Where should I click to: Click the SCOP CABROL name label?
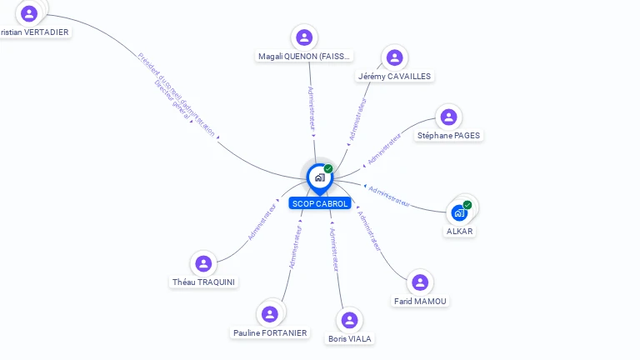pyautogui.click(x=320, y=203)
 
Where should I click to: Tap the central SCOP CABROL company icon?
pyautogui.click(x=319, y=177)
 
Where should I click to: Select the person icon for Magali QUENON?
pyautogui.click(x=304, y=37)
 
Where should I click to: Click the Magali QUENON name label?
pyautogui.click(x=304, y=57)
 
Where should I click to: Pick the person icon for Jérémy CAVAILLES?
pyautogui.click(x=394, y=57)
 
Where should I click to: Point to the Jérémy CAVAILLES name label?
pyautogui.click(x=394, y=77)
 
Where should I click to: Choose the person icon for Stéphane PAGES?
pyautogui.click(x=448, y=117)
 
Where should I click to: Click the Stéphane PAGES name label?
pyautogui.click(x=448, y=136)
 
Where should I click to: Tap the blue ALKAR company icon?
pyautogui.click(x=459, y=212)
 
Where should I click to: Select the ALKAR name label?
pyautogui.click(x=459, y=232)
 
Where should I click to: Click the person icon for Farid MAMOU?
pyautogui.click(x=420, y=282)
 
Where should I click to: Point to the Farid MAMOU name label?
pyautogui.click(x=420, y=302)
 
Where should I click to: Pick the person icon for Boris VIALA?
pyautogui.click(x=350, y=320)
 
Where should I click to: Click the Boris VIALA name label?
pyautogui.click(x=350, y=339)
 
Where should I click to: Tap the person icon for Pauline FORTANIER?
pyautogui.click(x=269, y=314)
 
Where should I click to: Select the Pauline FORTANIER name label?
pyautogui.click(x=269, y=333)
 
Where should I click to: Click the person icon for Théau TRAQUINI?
pyautogui.click(x=203, y=263)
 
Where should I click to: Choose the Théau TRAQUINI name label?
pyautogui.click(x=203, y=282)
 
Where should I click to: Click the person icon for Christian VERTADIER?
pyautogui.click(x=30, y=13)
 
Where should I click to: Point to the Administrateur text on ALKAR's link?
pyautogui.click(x=389, y=197)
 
